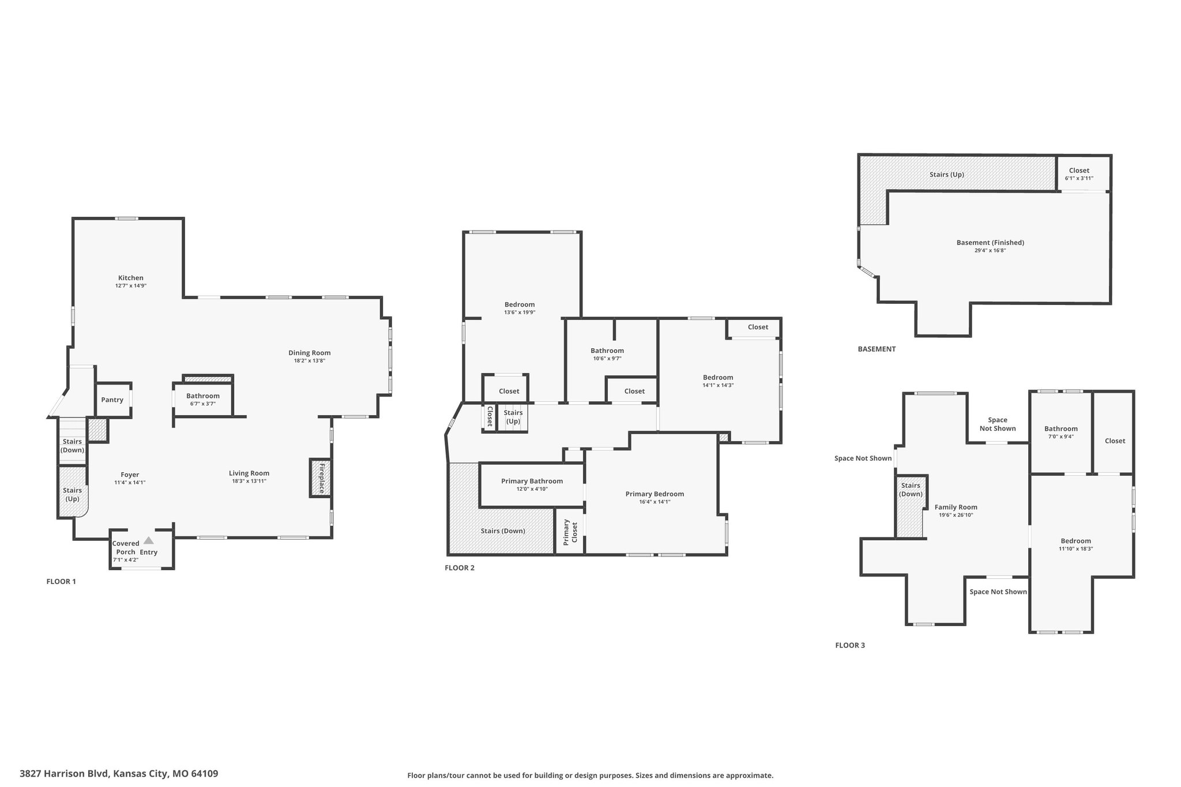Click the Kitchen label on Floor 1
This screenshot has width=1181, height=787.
pyautogui.click(x=131, y=278)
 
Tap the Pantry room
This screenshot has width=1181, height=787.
pyautogui.click(x=112, y=400)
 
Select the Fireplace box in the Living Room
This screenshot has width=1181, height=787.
pyautogui.click(x=321, y=477)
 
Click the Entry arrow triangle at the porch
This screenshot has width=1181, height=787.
pyautogui.click(x=149, y=540)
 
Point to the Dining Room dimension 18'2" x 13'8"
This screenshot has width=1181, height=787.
pyautogui.click(x=310, y=361)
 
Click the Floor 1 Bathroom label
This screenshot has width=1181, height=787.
pyautogui.click(x=203, y=396)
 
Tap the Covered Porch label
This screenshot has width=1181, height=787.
pyautogui.click(x=126, y=548)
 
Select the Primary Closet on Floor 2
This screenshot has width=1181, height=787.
pyautogui.click(x=570, y=531)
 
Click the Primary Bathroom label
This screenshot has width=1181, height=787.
pyautogui.click(x=532, y=481)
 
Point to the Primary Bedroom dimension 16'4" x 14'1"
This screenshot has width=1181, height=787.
pyautogui.click(x=655, y=502)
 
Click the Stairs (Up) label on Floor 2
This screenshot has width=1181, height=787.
pyautogui.click(x=513, y=417)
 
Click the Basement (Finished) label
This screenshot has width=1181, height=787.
pyautogui.click(x=990, y=243)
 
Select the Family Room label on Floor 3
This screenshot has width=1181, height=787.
pyautogui.click(x=956, y=507)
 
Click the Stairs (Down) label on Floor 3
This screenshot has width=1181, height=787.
pyautogui.click(x=911, y=489)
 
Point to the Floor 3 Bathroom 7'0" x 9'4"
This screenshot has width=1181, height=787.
pyautogui.click(x=1061, y=432)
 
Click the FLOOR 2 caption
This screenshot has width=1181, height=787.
pyautogui.click(x=460, y=568)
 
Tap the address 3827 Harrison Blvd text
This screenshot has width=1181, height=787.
pyautogui.click(x=63, y=774)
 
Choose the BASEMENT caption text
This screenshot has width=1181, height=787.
pyautogui.click(x=877, y=349)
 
